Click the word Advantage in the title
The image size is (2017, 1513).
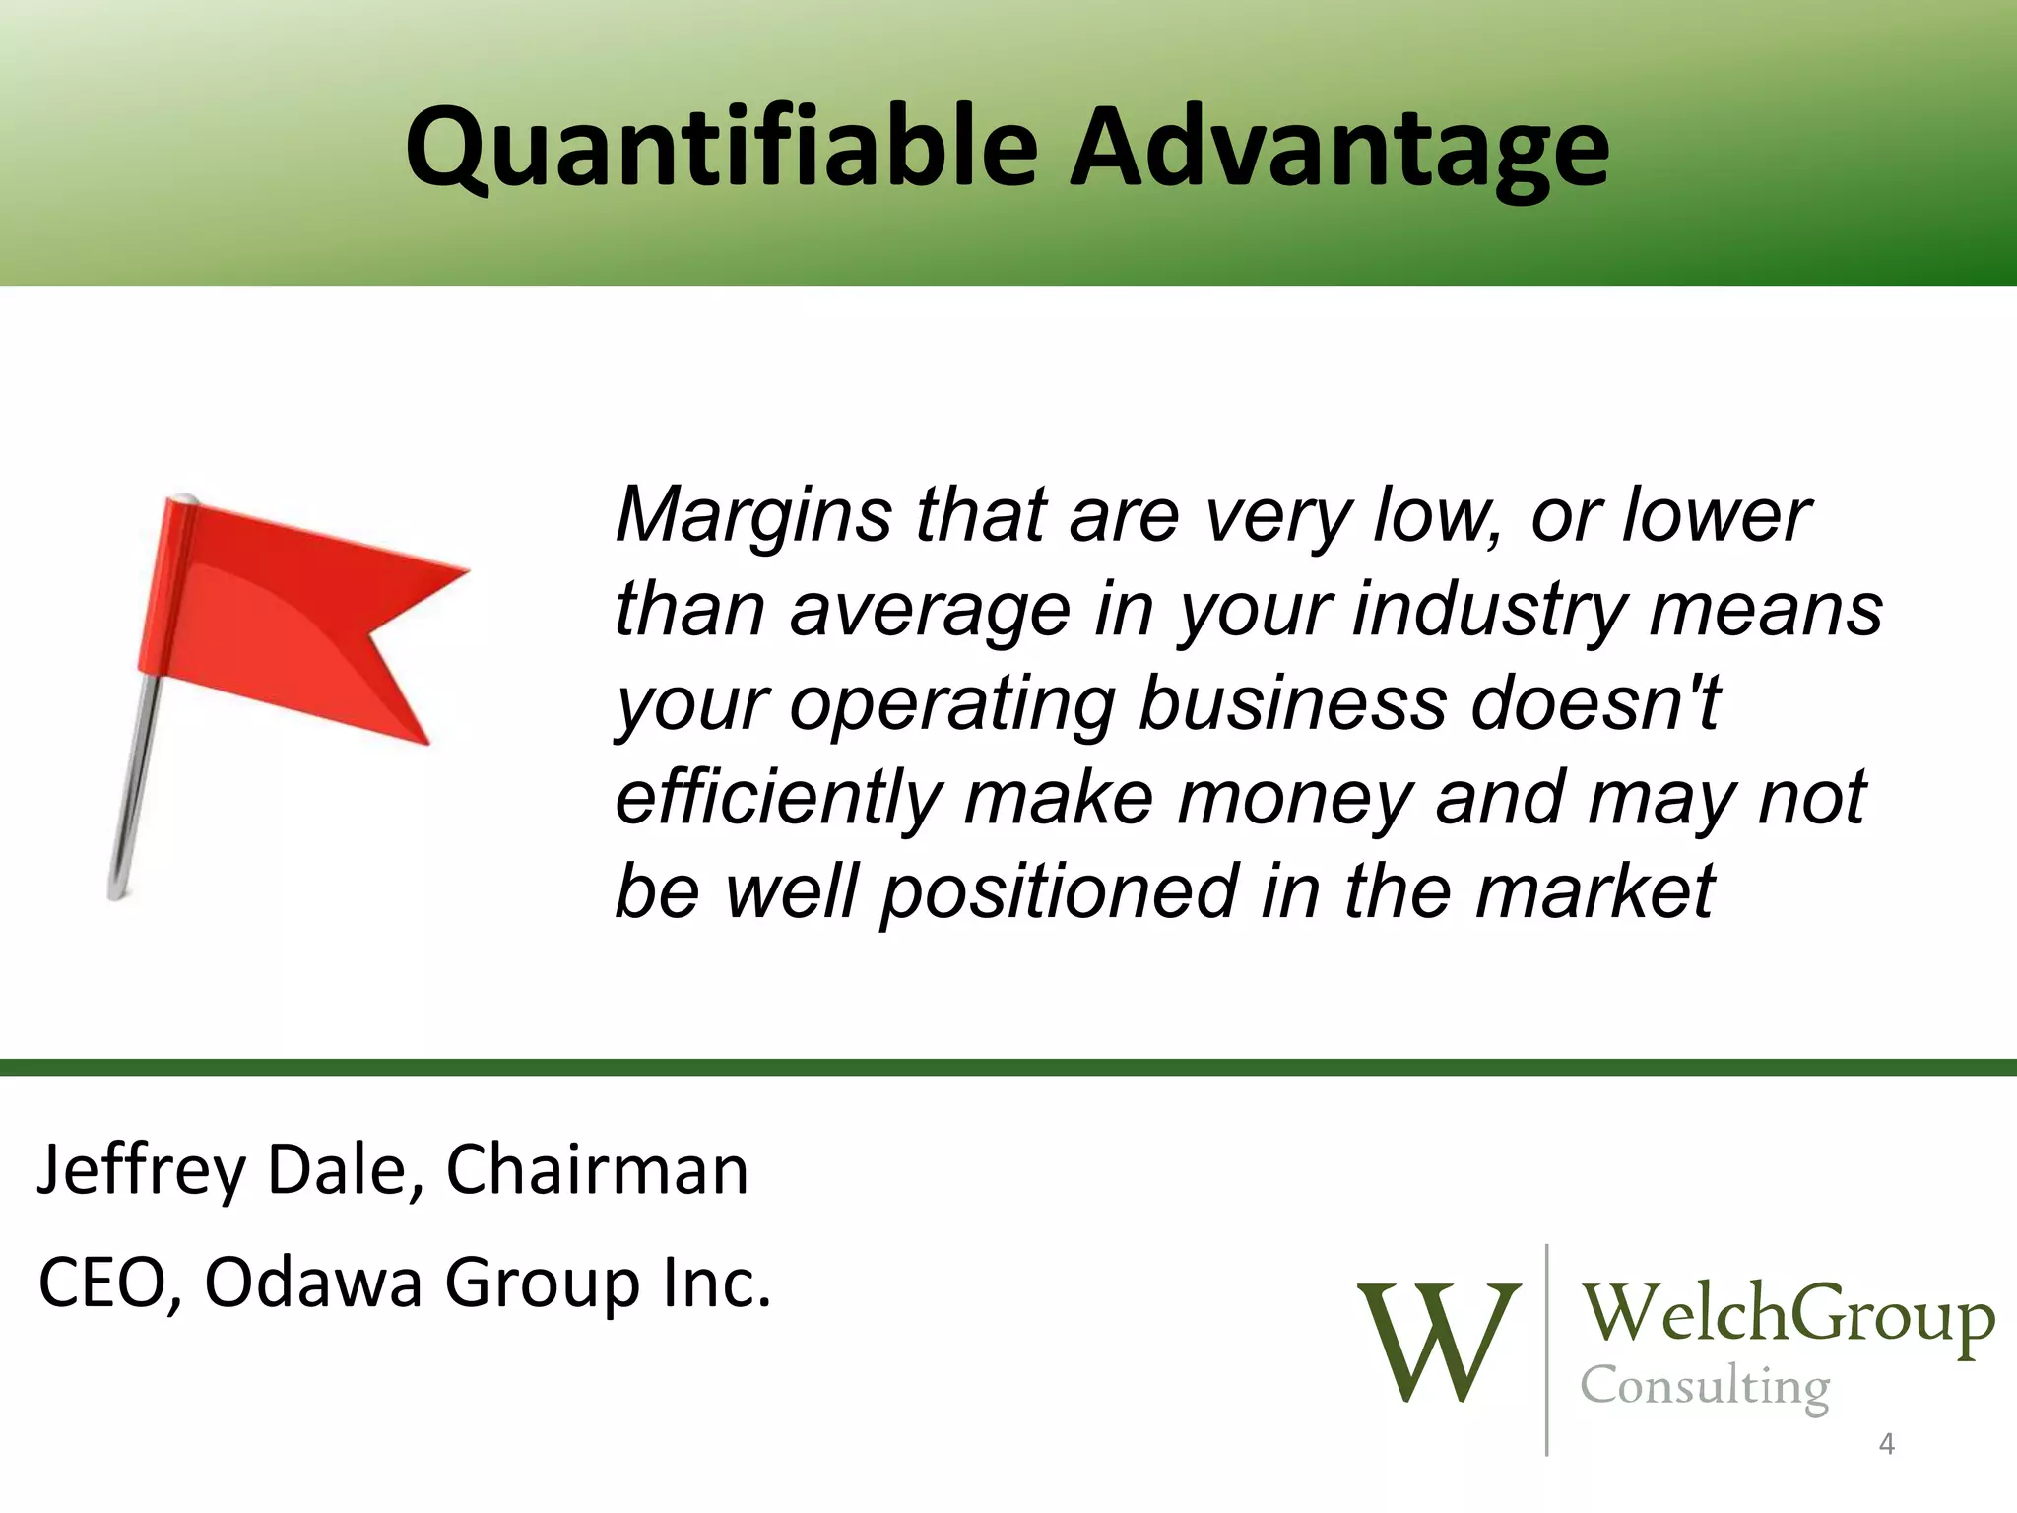pos(1339,148)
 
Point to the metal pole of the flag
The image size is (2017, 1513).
pos(133,788)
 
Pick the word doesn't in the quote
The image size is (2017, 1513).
pos(1595,703)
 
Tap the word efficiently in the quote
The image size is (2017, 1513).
pos(778,798)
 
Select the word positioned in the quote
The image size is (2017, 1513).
pos(1059,891)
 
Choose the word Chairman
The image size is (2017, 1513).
pos(597,1170)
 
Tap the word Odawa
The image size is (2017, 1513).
pos(313,1283)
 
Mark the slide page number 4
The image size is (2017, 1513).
pos(1887,1445)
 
